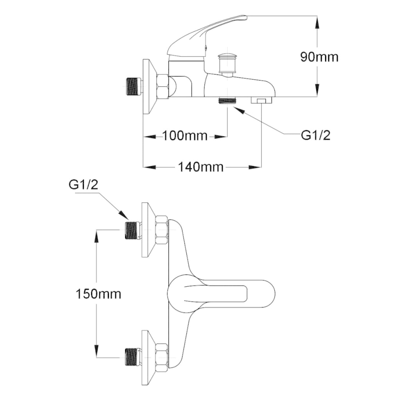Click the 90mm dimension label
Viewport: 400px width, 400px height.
(319, 57)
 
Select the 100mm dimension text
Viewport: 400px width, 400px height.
(185, 136)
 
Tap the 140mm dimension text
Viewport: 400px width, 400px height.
(201, 167)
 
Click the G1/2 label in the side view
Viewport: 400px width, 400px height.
(316, 136)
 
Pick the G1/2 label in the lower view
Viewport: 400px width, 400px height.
(83, 185)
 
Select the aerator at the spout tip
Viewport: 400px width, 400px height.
(261, 100)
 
